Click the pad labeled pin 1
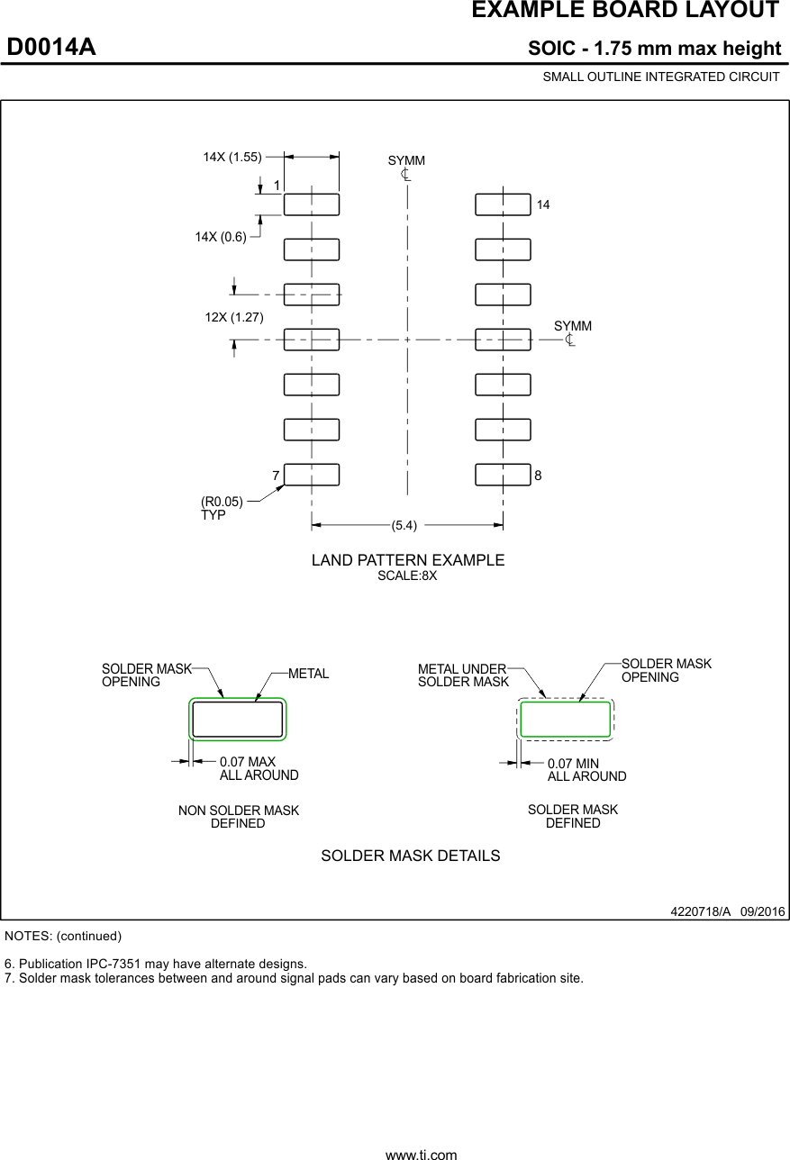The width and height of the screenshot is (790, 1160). tap(312, 204)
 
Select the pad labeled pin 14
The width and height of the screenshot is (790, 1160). tap(503, 204)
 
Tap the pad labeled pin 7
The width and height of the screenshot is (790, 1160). tap(312, 474)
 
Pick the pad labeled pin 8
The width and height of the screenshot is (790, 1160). tap(503, 474)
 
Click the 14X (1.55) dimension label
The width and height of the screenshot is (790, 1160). tap(232, 157)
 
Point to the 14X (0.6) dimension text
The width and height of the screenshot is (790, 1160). tap(221, 236)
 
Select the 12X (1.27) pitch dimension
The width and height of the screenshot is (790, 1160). tap(234, 317)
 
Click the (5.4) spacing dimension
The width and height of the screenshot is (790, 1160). tap(407, 524)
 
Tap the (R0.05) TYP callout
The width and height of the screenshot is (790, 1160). tap(222, 508)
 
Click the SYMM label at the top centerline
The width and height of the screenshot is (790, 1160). tap(406, 160)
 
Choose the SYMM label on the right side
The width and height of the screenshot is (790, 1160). tap(573, 326)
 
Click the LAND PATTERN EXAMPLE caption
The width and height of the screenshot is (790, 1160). tap(408, 560)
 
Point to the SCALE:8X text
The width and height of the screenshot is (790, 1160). tap(407, 576)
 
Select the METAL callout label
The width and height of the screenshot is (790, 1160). tap(308, 674)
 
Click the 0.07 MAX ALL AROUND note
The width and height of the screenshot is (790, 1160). tap(259, 768)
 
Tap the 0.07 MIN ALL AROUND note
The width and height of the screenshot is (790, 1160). tap(586, 769)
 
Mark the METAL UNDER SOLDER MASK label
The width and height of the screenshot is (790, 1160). tap(463, 675)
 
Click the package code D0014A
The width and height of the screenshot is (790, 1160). tap(51, 48)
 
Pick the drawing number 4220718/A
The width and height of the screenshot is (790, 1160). tap(702, 911)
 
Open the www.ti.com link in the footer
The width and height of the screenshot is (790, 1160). tap(421, 1154)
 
